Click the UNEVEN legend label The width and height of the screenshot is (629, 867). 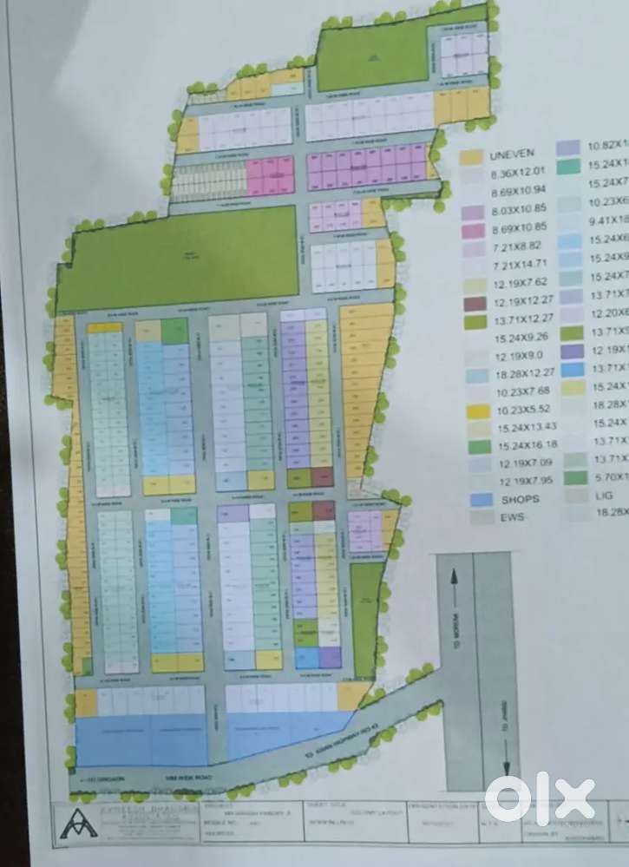click(508, 156)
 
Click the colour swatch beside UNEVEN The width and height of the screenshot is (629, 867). click(470, 157)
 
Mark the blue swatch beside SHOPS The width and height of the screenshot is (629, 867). click(471, 499)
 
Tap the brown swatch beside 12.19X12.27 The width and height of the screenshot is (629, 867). click(470, 304)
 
